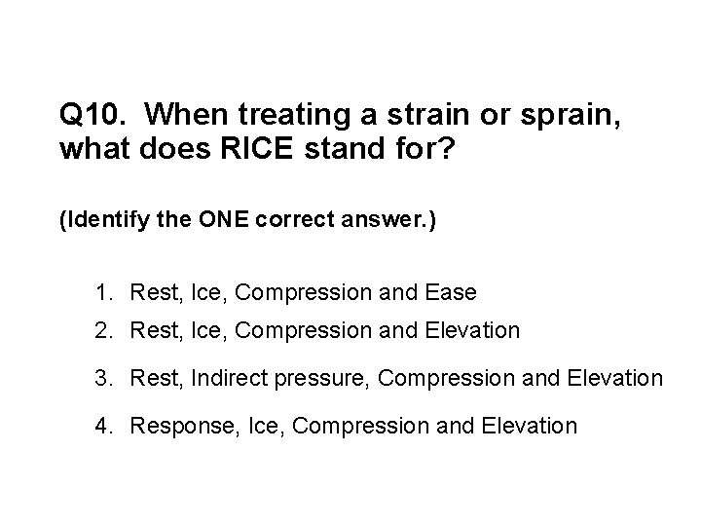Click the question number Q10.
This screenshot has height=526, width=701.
coord(94,116)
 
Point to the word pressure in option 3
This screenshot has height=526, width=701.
coord(317,378)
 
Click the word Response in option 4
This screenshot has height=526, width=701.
coord(172,426)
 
